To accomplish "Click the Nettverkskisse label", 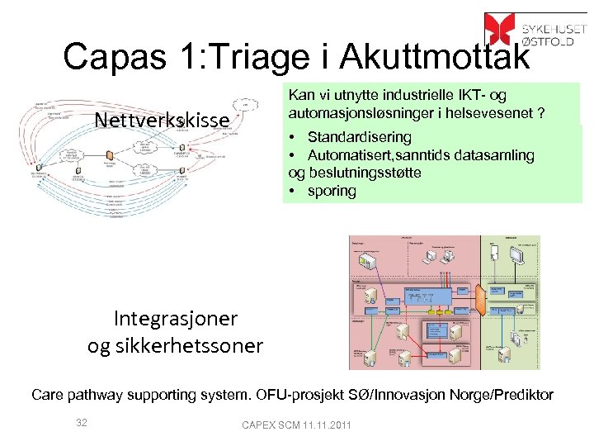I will pos(162,121).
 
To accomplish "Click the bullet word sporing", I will pos(332,191).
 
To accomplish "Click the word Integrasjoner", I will pos(175,318).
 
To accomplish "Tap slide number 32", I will pos(81,423).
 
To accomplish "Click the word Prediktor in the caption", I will pos(521,395).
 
